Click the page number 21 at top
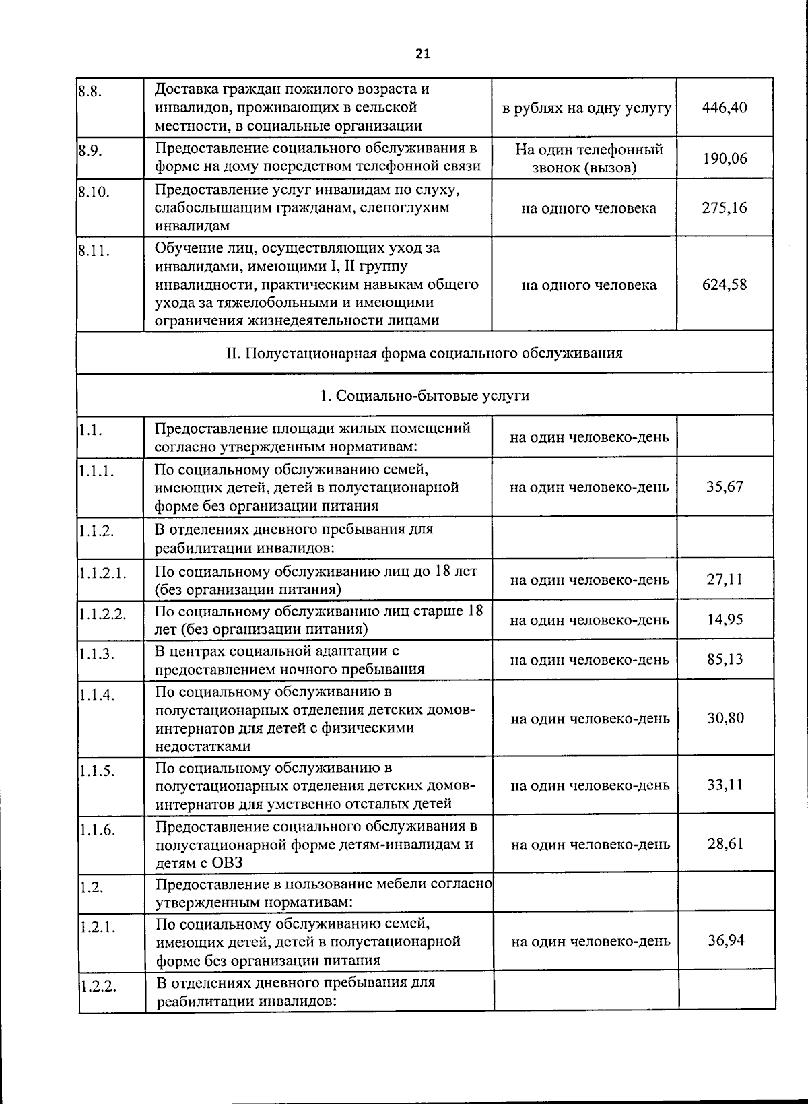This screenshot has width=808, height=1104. click(x=422, y=54)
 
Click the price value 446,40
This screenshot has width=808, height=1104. click(x=724, y=107)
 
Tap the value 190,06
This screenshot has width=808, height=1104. click(x=724, y=158)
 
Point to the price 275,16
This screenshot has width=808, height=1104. click(x=724, y=207)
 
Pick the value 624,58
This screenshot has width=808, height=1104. click(x=724, y=284)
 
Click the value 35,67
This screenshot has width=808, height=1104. click(x=725, y=486)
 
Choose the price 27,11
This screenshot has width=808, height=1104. click(x=725, y=579)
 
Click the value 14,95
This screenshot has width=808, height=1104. click(x=725, y=620)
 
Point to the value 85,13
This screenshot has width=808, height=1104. click(x=725, y=659)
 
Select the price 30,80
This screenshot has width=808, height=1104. click(x=725, y=718)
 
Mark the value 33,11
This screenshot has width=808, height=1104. click(x=725, y=785)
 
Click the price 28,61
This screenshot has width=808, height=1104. click(x=725, y=843)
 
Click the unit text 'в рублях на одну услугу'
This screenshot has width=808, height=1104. click(x=586, y=108)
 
